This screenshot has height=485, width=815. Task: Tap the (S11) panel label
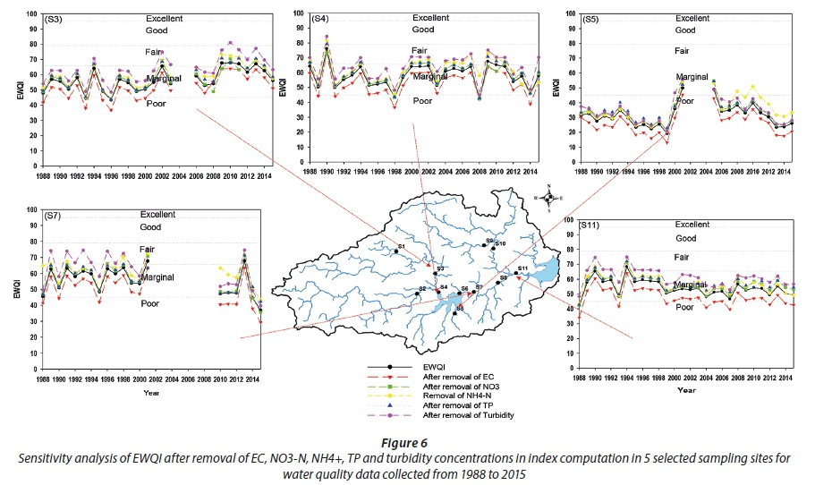(596, 223)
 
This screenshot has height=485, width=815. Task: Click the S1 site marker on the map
(395, 251)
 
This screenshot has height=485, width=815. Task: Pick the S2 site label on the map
(421, 288)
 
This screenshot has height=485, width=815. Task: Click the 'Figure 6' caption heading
(407, 443)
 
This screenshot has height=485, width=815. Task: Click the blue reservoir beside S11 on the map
(547, 267)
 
